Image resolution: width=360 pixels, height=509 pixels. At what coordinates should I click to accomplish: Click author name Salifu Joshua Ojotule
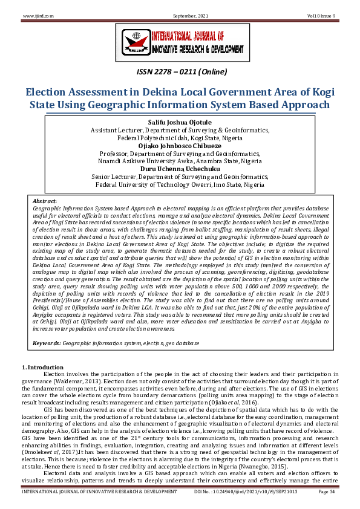[x=180, y=123]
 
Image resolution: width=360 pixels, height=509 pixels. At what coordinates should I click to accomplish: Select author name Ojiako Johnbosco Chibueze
[x=180, y=146]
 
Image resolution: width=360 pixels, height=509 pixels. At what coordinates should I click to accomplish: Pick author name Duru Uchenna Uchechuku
[x=180, y=169]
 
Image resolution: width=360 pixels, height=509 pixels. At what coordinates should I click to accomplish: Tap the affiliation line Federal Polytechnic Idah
[x=180, y=138]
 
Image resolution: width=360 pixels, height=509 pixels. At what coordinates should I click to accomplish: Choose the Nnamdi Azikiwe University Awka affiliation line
[x=180, y=161]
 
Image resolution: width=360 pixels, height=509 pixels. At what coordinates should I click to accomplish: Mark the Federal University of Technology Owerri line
[x=180, y=184]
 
